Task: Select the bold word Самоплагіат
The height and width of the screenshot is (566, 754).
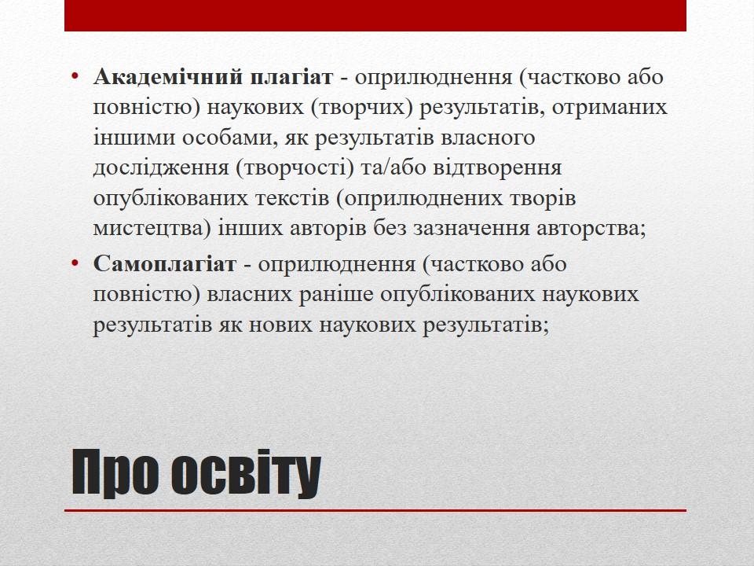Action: click(164, 264)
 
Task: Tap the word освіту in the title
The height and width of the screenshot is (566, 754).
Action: click(245, 473)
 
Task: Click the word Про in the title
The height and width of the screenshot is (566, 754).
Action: click(115, 473)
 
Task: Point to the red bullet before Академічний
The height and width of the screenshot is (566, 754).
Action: click(74, 76)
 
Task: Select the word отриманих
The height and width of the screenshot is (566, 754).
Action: click(609, 108)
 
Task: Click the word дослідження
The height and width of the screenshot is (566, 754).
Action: click(160, 168)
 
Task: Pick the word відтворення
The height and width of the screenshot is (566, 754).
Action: click(497, 168)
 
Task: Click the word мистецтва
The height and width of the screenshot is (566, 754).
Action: click(152, 228)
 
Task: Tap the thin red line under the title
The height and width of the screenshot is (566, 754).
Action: click(375, 511)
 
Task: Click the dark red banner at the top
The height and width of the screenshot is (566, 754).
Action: click(375, 16)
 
